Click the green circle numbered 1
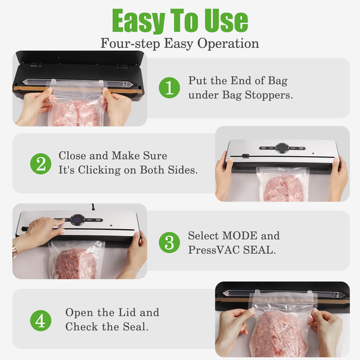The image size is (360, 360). coord(169,88)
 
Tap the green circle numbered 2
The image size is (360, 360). coord(41,164)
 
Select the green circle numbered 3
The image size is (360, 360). coord(169,242)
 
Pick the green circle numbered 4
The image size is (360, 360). coord(41,320)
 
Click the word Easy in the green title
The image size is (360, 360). coord(139,21)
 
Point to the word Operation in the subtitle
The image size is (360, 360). coord(228,44)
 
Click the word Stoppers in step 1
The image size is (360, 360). coord(269,95)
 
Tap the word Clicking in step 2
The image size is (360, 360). coord(99,170)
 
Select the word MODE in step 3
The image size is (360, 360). coord(239,236)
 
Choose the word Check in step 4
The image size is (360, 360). coord(82,327)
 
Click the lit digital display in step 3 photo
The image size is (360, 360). coord(77,220)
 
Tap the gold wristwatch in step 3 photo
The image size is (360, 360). coord(15,251)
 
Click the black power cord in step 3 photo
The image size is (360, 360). coord(93,207)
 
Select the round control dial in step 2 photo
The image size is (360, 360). coord(282,148)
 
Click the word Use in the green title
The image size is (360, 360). coord(226,20)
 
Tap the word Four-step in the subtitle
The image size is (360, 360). coord(130,44)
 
